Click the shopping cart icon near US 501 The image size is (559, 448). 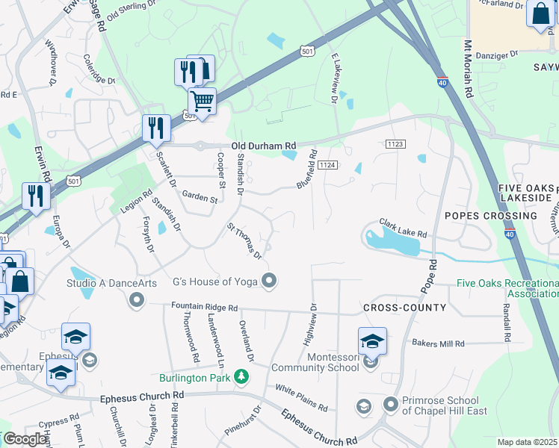(x=202, y=100)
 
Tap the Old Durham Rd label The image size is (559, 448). (x=264, y=146)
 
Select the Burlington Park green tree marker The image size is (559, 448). (x=241, y=376)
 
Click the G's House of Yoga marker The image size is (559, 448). (x=271, y=281)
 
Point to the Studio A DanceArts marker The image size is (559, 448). (x=136, y=300)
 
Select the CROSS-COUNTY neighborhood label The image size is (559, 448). (x=404, y=308)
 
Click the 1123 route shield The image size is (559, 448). (x=395, y=143)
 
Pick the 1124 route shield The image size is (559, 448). (x=327, y=164)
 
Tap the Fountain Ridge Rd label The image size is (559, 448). (x=204, y=307)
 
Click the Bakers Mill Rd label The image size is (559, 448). (x=438, y=343)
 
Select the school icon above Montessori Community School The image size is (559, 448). (x=372, y=341)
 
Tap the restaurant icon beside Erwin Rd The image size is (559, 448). (x=35, y=196)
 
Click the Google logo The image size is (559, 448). (x=25, y=439)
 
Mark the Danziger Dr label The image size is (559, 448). (x=497, y=55)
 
